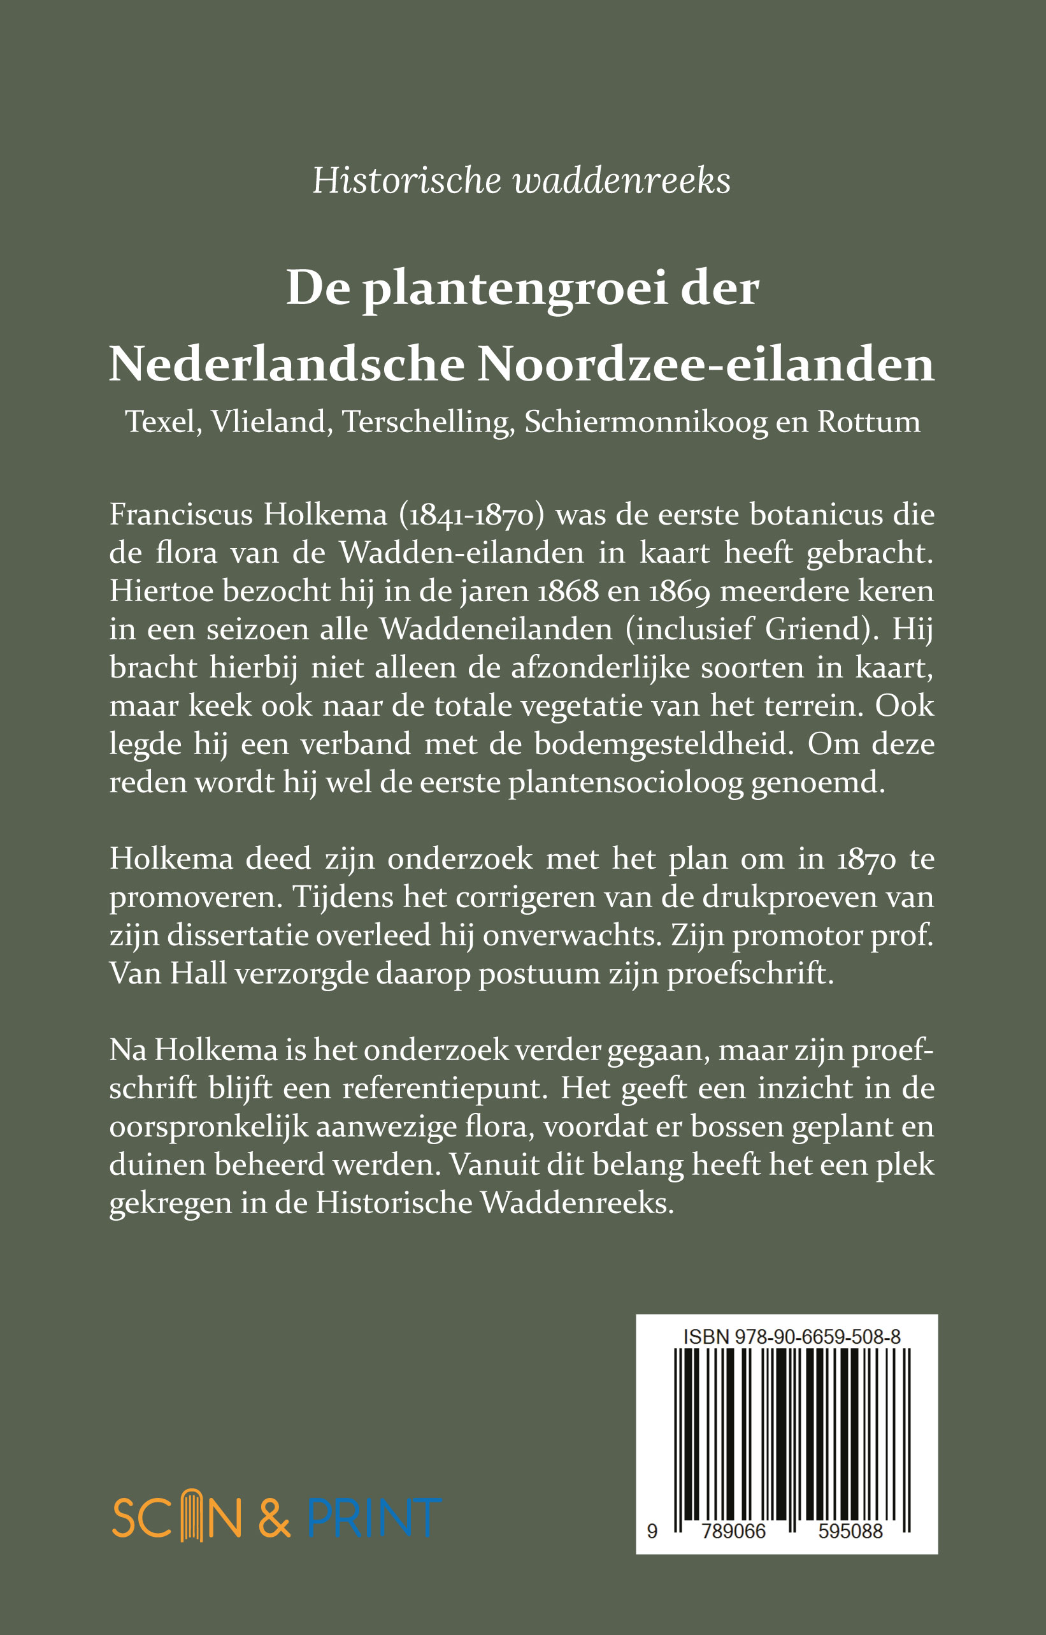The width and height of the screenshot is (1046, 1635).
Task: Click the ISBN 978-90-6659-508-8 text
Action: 791,1337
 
